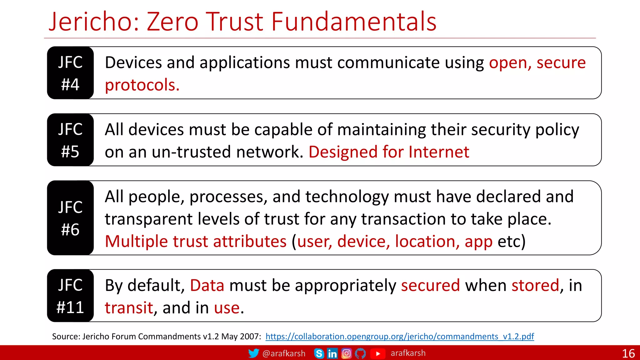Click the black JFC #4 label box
70,73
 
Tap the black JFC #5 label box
70,140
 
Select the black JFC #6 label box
70,218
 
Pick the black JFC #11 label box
70,296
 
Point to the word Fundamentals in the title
353,22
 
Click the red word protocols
142,85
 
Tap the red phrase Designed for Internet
389,152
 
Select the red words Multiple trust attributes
196,242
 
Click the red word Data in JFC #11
207,286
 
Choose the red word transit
129,308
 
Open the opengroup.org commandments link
400,337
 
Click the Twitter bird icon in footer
253,353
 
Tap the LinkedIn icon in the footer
332,353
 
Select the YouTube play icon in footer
378,353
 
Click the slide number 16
628,353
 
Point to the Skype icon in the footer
319,353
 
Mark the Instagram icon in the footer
346,353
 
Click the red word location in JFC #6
427,242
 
